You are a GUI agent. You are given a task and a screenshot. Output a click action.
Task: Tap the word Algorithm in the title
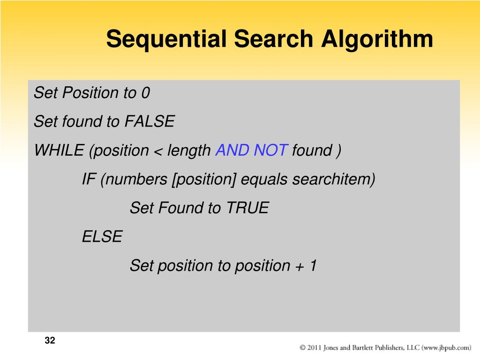tap(377, 39)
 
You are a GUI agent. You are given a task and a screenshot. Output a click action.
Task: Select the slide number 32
tap(50, 341)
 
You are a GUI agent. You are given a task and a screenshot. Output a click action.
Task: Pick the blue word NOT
tap(270, 150)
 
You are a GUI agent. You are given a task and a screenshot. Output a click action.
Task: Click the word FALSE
tap(149, 122)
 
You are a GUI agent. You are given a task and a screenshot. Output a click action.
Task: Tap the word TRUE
tap(247, 208)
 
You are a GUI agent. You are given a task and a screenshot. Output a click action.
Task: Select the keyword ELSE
tap(102, 237)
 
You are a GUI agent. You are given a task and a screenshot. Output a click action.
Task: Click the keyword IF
tap(89, 180)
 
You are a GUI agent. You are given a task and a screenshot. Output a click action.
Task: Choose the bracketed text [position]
tap(204, 180)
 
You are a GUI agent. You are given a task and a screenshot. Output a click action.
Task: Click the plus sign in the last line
tap(299, 266)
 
